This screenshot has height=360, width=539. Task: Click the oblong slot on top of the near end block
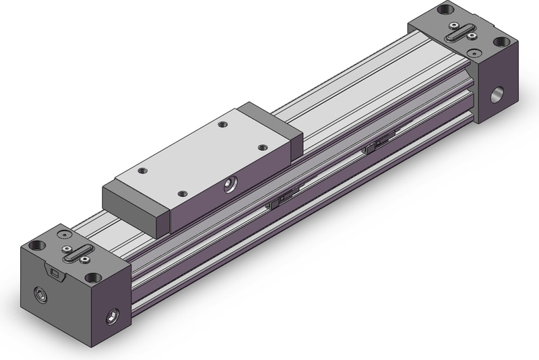point(75,254)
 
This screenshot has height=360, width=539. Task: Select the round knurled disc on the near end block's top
point(63,235)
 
